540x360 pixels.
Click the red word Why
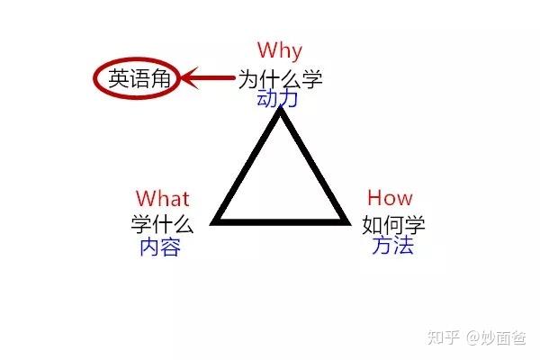point(279,50)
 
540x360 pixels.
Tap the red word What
point(163,198)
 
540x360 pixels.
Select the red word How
point(390,198)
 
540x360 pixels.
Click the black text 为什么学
point(280,78)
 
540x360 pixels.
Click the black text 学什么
point(163,222)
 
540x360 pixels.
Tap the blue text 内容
point(160,246)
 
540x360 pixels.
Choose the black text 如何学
point(393,222)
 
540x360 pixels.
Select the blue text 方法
point(393,245)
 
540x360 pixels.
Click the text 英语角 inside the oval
point(139,79)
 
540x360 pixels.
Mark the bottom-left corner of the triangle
point(216,220)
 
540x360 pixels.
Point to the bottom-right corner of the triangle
point(346,220)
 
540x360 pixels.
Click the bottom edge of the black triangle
point(281,220)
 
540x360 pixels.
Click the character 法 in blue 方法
point(403,245)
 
